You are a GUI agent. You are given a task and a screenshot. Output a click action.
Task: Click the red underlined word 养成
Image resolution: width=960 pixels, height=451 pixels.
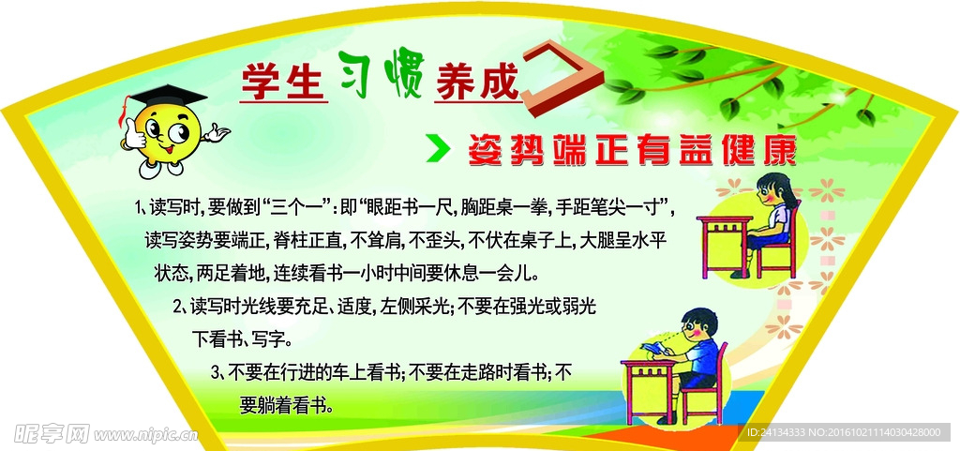point(476,83)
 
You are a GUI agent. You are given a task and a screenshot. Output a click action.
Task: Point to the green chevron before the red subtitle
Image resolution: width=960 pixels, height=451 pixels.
point(439,150)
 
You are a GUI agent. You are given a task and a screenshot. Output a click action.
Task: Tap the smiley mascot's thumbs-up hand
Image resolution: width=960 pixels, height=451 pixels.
point(133,134)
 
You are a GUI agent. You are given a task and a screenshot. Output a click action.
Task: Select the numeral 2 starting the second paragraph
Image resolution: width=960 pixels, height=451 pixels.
point(177,306)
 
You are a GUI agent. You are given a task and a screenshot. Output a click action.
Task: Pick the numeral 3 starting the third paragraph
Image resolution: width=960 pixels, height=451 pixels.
point(216,371)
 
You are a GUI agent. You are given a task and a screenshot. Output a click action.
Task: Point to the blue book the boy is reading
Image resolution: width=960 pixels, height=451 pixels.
point(652,350)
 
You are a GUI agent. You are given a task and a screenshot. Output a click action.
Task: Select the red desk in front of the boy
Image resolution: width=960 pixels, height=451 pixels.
point(649,391)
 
